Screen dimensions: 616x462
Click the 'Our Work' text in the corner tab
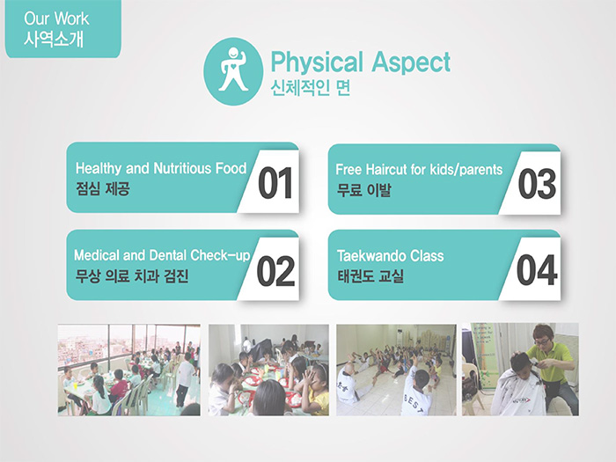pos(56,18)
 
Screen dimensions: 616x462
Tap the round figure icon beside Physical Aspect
pos(233,71)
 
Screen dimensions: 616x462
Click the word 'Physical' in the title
pos(317,62)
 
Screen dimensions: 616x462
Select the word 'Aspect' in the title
pos(411,62)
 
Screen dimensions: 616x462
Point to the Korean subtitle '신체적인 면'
pos(311,88)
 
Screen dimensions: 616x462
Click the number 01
pos(275,183)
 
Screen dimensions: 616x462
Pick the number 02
pos(275,271)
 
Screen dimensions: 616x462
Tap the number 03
pos(537,184)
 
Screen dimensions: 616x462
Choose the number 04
pos(537,270)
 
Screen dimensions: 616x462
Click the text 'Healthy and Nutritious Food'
pos(161,168)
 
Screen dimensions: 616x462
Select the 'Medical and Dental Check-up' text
pos(162,255)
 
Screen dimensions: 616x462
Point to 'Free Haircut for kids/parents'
pos(419,169)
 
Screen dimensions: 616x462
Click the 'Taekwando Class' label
pos(390,256)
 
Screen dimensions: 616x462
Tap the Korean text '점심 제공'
pos(103,188)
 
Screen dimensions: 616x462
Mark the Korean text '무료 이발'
pos(363,190)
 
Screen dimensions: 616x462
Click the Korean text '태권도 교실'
pos(370,275)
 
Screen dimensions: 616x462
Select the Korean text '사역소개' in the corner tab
pos(54,40)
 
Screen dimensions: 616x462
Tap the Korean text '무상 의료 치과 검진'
pos(132,275)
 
